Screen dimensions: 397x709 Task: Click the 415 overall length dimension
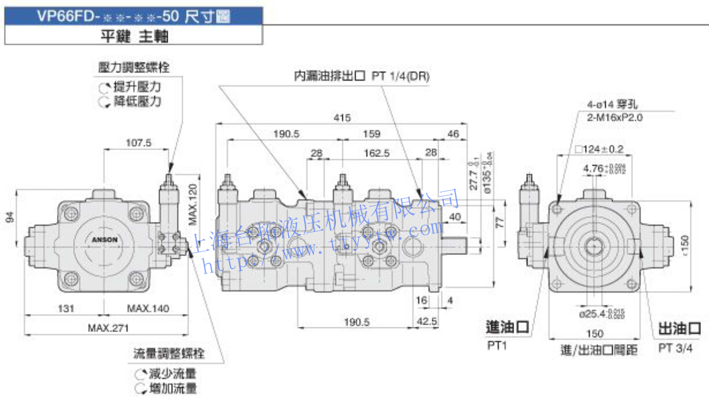click(x=342, y=118)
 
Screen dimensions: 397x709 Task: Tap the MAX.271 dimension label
click(x=108, y=328)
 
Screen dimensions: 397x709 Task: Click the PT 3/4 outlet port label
click(x=675, y=348)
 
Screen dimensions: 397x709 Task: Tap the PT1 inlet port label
click(x=497, y=347)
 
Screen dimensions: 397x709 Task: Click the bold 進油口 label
click(x=507, y=328)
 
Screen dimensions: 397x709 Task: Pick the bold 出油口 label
click(x=679, y=329)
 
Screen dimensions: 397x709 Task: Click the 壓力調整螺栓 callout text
click(x=134, y=68)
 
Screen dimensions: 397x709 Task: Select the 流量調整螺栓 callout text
click(x=169, y=353)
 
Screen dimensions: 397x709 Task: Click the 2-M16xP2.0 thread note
click(x=615, y=117)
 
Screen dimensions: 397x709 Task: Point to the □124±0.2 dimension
click(x=599, y=150)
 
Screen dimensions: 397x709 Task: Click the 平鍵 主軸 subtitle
click(x=134, y=37)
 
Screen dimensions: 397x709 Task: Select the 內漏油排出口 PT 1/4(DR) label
click(x=362, y=76)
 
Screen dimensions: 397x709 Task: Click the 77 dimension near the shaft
click(x=500, y=221)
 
